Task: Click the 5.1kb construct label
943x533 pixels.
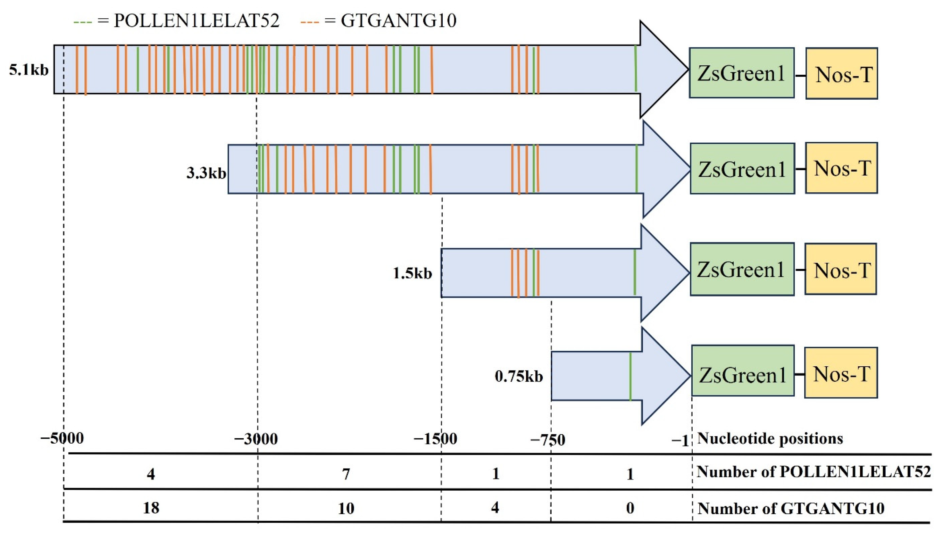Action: coord(29,70)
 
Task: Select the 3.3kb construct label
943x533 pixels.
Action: coord(206,173)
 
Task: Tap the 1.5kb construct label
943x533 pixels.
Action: coord(412,273)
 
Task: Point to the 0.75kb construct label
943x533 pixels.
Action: coord(518,376)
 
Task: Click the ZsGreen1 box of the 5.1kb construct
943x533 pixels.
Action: coord(741,73)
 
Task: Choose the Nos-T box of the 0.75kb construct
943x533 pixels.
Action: coord(841,373)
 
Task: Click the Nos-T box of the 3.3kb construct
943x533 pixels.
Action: coord(841,168)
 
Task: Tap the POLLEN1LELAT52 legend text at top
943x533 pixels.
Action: coord(196,21)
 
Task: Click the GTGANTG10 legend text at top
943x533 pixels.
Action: coord(398,21)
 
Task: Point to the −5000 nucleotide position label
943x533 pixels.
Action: coord(62,438)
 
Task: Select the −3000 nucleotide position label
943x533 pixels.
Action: coord(256,438)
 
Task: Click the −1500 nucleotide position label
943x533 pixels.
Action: coord(435,438)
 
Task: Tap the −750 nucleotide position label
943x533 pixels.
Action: coord(548,440)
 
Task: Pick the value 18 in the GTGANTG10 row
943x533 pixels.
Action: coord(151,508)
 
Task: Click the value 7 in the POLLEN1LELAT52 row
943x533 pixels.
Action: coord(346,474)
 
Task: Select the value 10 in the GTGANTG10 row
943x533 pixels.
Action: coord(346,508)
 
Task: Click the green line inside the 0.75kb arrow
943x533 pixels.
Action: coord(630,376)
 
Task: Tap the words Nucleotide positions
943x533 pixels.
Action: coord(770,438)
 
